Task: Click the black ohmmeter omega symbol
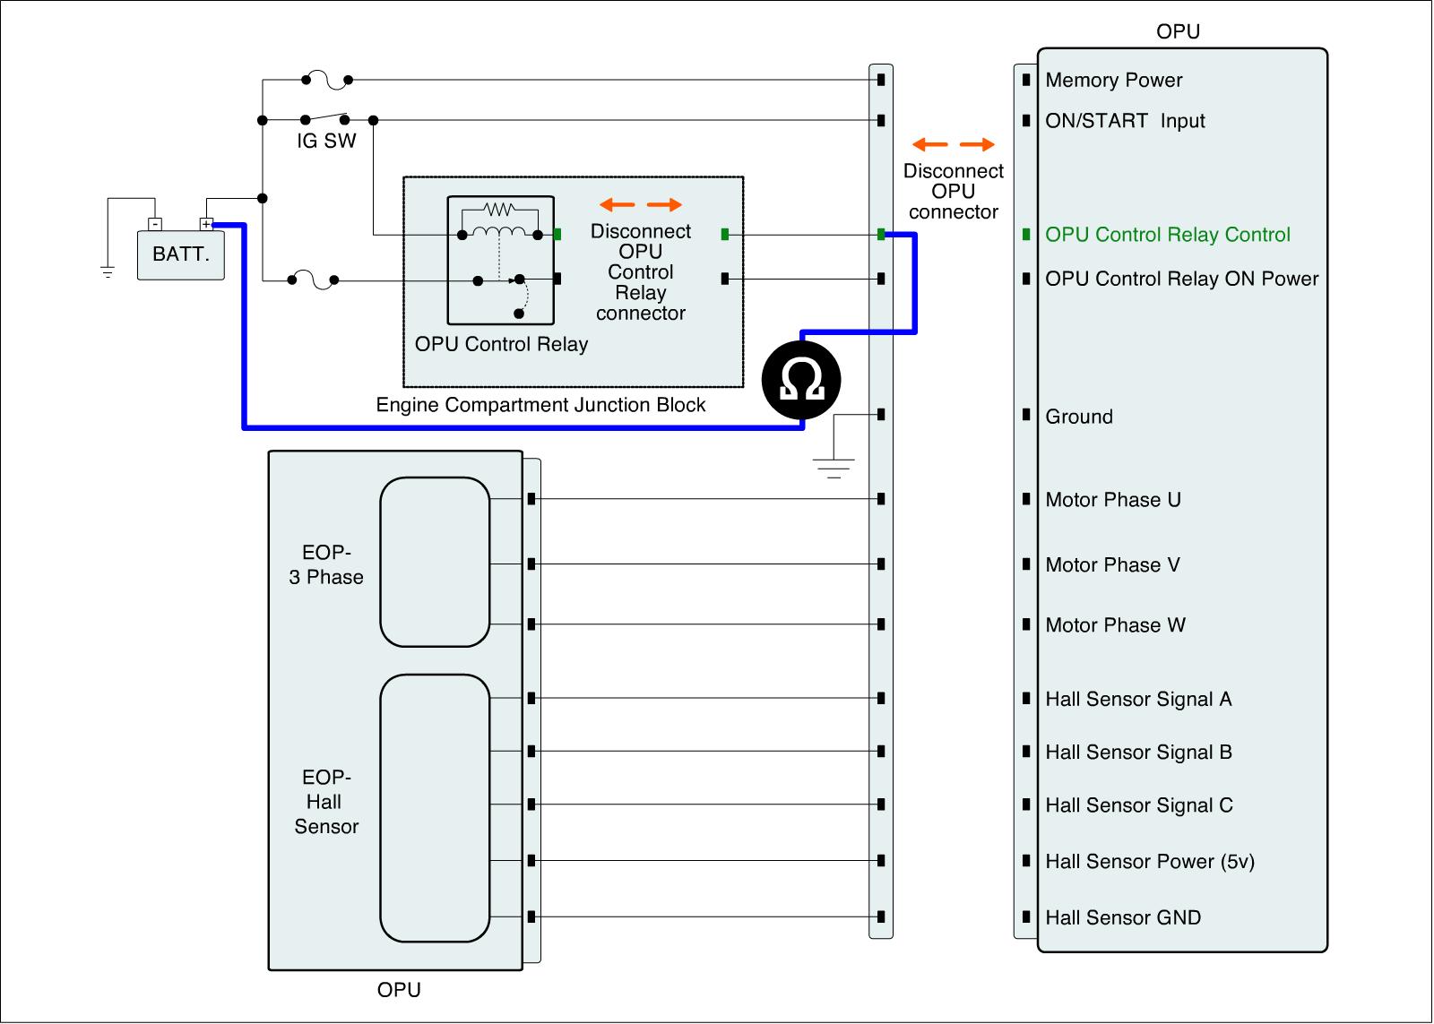(801, 380)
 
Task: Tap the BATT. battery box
(180, 254)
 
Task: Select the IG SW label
(326, 141)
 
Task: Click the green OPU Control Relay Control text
(1167, 235)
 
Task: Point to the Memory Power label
(1113, 80)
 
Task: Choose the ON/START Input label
(1125, 121)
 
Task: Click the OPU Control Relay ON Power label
(1181, 279)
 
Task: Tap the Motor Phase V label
(1112, 565)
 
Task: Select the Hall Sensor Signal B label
(1138, 753)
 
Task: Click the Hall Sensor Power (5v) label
(1149, 862)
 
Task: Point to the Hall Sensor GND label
(1122, 917)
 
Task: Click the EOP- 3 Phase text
(326, 565)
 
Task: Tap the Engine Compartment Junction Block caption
(540, 405)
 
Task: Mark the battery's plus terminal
(207, 224)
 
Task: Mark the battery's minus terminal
(154, 224)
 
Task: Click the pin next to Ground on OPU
(1026, 415)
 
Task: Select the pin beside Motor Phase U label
(1026, 499)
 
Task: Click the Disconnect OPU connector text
(953, 191)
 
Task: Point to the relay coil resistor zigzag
(497, 210)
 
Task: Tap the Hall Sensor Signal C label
(1138, 805)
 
